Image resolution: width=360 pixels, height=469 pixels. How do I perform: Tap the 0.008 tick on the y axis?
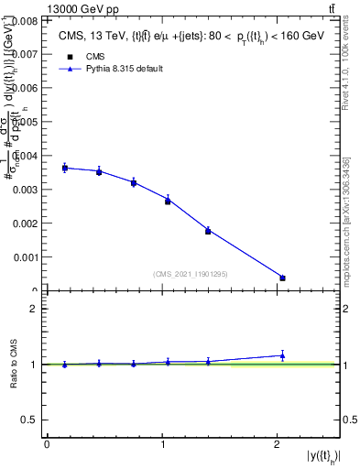(x=25, y=19)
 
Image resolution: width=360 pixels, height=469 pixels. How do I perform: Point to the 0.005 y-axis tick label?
(x=25, y=121)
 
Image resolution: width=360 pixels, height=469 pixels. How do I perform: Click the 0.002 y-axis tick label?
(x=25, y=224)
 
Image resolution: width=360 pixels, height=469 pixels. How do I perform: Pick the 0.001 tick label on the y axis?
(x=25, y=257)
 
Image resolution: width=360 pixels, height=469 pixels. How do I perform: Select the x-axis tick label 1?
(x=162, y=444)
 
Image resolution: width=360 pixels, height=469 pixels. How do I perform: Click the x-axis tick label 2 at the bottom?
(x=278, y=444)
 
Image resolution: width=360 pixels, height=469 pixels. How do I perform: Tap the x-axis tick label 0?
(x=47, y=444)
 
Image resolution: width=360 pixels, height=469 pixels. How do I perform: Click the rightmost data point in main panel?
(x=282, y=278)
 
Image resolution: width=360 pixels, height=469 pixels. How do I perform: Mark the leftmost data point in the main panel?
(x=65, y=168)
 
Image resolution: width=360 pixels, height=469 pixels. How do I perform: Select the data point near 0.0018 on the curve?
(x=208, y=231)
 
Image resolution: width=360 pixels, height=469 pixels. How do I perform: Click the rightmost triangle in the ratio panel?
(x=282, y=355)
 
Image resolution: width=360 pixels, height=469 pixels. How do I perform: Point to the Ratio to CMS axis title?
(x=14, y=364)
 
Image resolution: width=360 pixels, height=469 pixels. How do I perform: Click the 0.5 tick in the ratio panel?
(x=30, y=420)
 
